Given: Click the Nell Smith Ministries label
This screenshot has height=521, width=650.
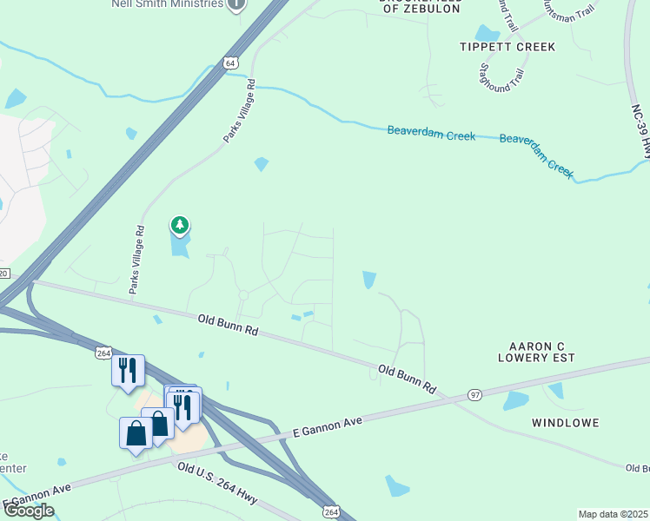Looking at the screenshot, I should pyautogui.click(x=166, y=3).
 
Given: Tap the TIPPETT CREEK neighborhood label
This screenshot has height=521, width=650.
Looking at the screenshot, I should pyautogui.click(x=507, y=46).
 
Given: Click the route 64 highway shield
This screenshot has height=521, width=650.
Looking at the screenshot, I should pyautogui.click(x=229, y=63).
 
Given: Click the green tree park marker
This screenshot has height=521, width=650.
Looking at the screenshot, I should pyautogui.click(x=180, y=227).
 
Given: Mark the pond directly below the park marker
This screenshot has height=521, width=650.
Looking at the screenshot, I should pyautogui.click(x=179, y=247).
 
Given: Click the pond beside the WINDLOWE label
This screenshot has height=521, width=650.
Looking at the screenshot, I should pyautogui.click(x=515, y=400).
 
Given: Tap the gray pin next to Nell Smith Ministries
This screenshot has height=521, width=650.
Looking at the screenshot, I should pyautogui.click(x=235, y=4).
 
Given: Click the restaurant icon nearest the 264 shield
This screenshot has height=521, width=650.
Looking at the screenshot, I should pyautogui.click(x=128, y=369).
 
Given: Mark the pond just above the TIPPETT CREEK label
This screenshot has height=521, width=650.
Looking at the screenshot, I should pyautogui.click(x=488, y=34).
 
